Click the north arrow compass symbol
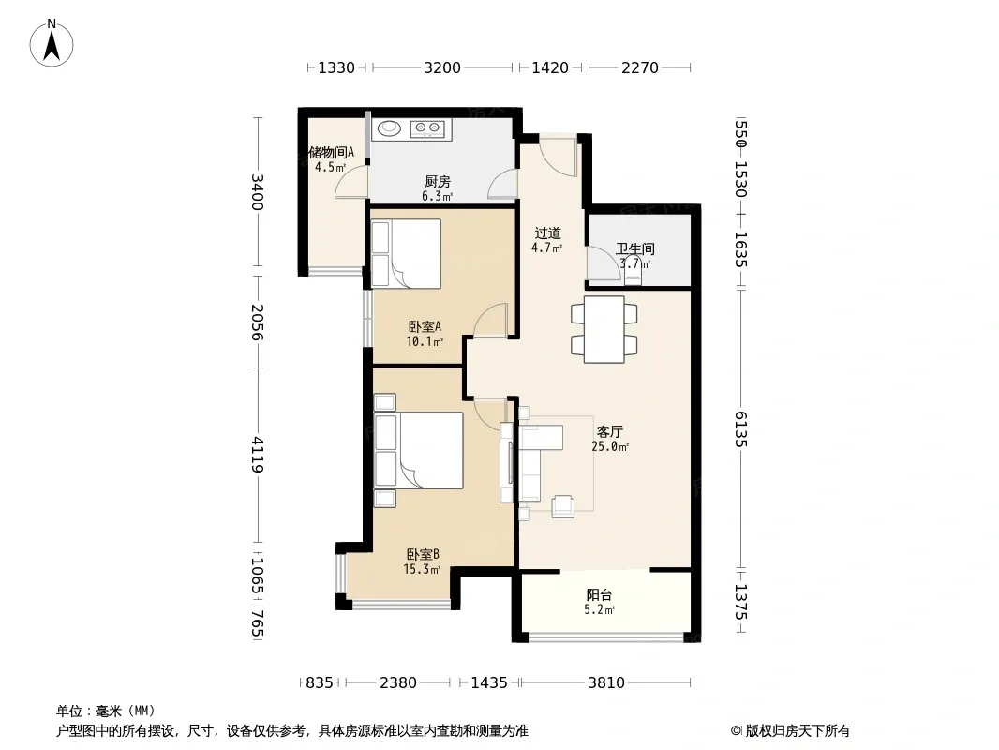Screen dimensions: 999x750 pos(52,43)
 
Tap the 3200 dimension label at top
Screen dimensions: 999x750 pos(442,67)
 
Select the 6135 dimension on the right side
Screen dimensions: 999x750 pos(739,428)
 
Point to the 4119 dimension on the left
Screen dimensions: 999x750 pos(258,455)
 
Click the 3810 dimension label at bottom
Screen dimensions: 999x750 pos(606,683)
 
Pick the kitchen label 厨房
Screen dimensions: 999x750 pos(438,182)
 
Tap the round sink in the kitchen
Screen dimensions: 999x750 pos(389,128)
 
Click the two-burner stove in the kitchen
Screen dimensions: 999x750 pos(427,128)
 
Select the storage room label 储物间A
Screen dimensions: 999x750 pos(331,152)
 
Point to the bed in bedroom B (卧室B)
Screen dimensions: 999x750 pos(419,451)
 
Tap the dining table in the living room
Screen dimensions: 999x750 pos(604,329)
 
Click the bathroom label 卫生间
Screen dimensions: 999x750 pos(635,248)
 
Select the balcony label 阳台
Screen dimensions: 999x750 pos(600,595)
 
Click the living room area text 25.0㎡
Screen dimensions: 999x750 pos(610,446)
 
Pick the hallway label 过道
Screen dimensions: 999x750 pos(547,233)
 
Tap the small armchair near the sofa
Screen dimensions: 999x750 pos(563,506)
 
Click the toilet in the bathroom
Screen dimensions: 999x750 pos(633,271)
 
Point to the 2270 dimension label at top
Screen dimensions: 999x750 pos(640,67)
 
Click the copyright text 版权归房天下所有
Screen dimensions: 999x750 pos(798,731)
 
